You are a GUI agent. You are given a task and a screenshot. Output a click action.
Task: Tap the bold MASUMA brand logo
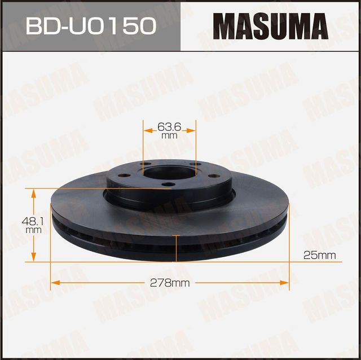[270, 26]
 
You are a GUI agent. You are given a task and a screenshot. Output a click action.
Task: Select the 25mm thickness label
[319, 256]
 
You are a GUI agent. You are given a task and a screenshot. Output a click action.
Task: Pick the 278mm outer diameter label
[170, 283]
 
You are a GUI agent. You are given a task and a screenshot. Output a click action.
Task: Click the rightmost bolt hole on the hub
[214, 176]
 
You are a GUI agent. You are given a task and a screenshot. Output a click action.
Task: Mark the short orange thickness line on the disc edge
[178, 249]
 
